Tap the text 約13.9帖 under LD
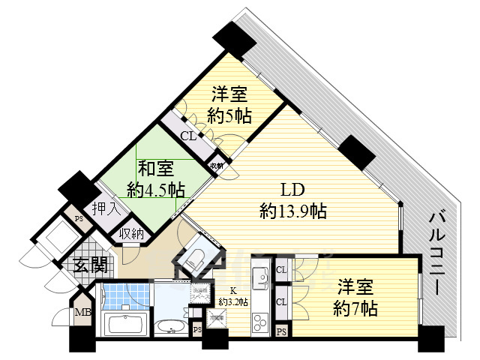click(x=292, y=211)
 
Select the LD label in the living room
click(x=292, y=190)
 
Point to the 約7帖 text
click(x=355, y=307)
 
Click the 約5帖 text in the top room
click(x=230, y=115)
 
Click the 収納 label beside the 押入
click(x=132, y=233)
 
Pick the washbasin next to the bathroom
click(x=171, y=327)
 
